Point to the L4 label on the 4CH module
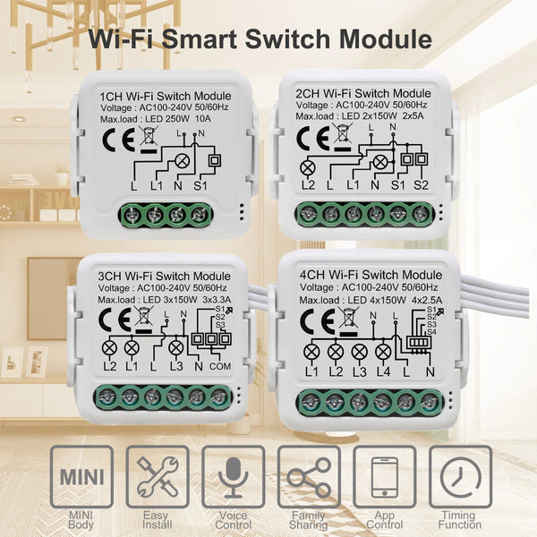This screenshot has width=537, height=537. (383, 371)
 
